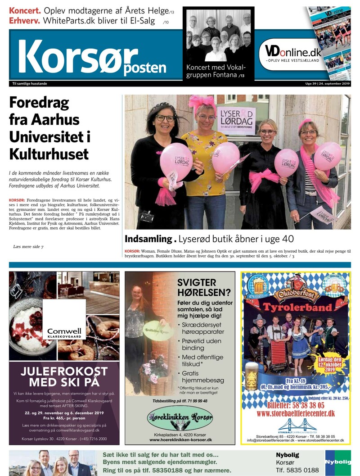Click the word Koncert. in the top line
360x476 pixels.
click(x=25, y=10)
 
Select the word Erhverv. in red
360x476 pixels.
click(x=25, y=21)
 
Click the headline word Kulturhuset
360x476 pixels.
click(x=49, y=154)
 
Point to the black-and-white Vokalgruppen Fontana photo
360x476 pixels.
click(x=218, y=35)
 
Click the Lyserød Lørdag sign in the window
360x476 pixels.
click(x=236, y=120)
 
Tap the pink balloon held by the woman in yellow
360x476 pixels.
click(x=225, y=158)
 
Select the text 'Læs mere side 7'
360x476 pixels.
click(x=28, y=247)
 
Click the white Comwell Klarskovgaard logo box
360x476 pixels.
click(x=64, y=320)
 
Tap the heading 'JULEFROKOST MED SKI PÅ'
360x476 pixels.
click(x=64, y=376)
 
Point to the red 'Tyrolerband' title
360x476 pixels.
click(x=295, y=308)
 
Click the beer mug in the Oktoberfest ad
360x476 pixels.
click(x=252, y=376)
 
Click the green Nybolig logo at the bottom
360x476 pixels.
click(x=337, y=462)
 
